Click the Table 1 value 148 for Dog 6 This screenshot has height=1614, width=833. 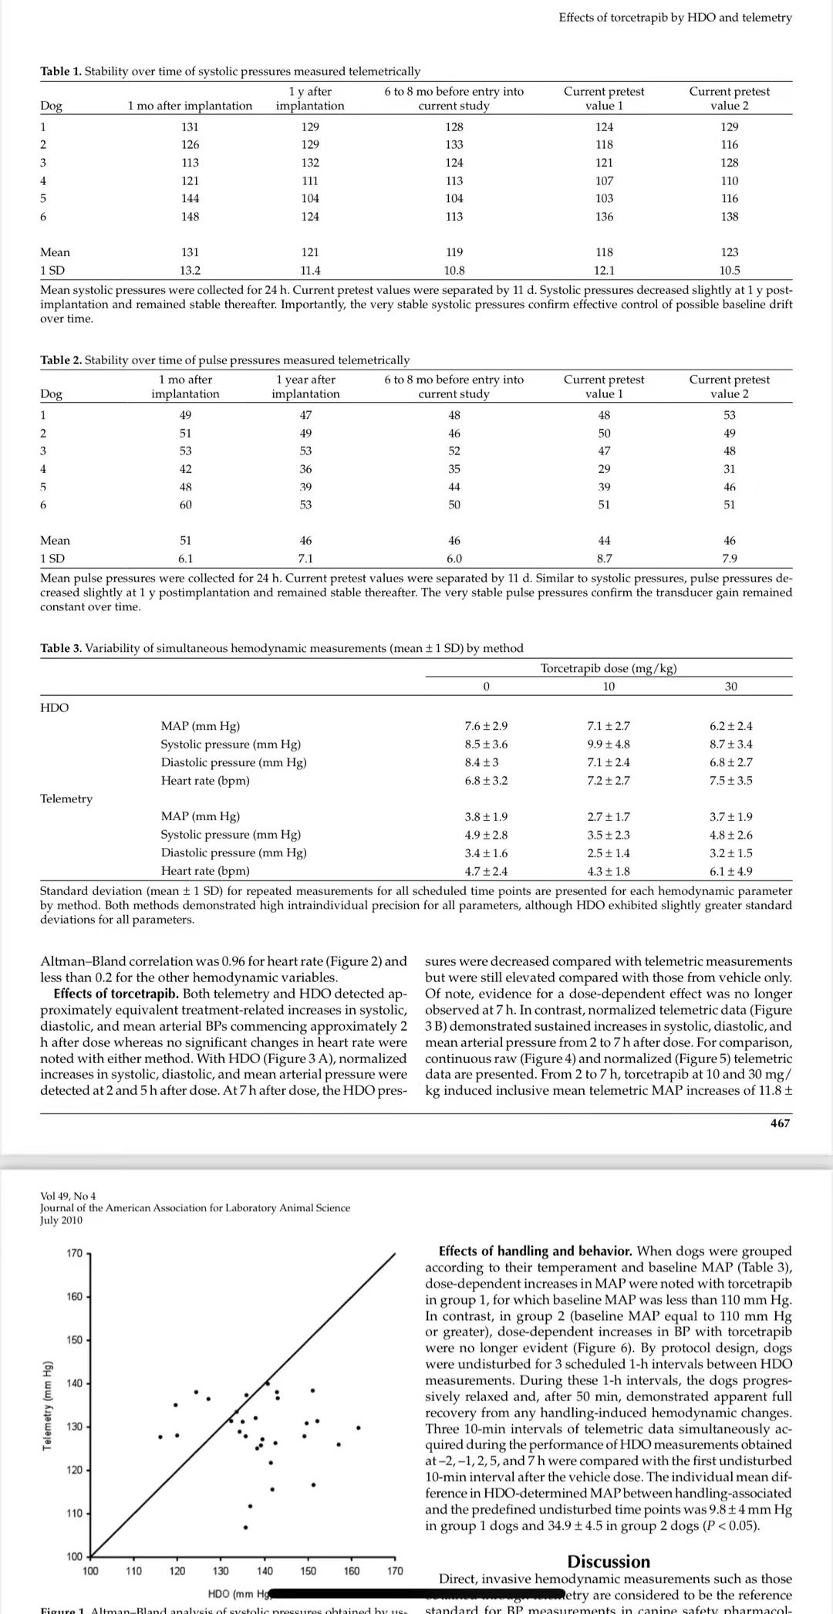[190, 217]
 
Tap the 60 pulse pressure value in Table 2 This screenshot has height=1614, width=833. [185, 505]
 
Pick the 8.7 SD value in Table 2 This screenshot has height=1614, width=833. [604, 558]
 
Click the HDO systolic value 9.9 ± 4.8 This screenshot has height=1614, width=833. [609, 744]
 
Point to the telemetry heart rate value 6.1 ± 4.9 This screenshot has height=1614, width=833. [730, 871]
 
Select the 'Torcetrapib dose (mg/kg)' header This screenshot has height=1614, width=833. [609, 668]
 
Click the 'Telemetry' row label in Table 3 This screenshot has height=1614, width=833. [66, 799]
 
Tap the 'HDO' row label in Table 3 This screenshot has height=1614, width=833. [54, 707]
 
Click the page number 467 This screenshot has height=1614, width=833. [780, 1123]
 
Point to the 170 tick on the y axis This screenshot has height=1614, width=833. [74, 1253]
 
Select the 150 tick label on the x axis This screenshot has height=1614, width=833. [308, 1571]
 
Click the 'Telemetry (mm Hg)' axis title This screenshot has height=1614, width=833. [48, 1404]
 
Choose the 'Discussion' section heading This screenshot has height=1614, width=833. [609, 1562]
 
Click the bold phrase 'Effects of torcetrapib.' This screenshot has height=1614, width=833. [116, 994]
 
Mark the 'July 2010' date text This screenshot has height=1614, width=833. [61, 1220]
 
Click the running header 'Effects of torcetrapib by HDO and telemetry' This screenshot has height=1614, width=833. [675, 17]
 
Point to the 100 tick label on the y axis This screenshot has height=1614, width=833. [74, 1556]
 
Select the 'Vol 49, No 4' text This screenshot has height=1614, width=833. [68, 1196]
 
